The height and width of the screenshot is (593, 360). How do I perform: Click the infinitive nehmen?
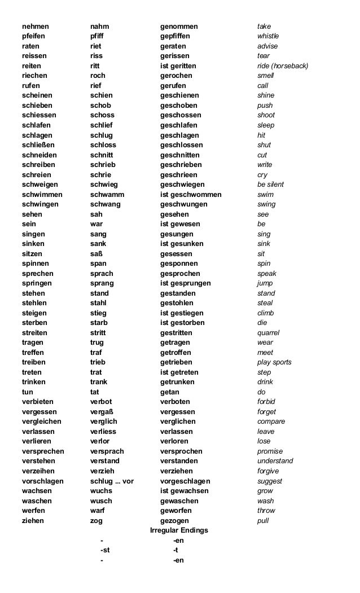35,27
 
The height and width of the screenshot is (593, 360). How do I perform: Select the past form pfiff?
97,36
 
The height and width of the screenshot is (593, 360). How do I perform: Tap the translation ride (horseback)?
283,66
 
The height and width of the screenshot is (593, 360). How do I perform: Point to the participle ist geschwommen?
191,195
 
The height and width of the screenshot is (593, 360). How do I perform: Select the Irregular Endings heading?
179,530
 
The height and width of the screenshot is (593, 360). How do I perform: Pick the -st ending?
105,550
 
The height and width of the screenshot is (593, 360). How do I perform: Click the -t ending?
176,550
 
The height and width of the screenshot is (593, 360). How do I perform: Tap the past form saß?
96,254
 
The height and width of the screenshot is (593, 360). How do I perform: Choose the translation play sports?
274,362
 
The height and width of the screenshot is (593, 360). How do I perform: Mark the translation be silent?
271,185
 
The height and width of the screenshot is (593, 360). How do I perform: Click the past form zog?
96,521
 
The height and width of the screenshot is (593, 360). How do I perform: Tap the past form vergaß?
102,412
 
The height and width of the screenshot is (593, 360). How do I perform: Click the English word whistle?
268,36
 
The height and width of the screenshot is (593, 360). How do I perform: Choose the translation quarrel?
269,333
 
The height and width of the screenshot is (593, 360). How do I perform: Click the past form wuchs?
101,491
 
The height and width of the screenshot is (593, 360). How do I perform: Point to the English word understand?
275,461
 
